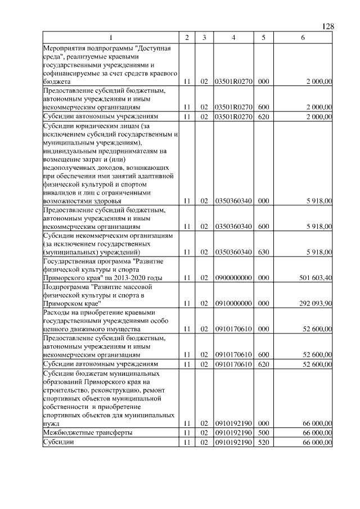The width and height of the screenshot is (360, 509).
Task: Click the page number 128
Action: pos(328,26)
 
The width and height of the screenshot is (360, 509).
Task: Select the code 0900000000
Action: pos(233,278)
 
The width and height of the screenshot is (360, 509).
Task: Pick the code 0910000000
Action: pos(233,303)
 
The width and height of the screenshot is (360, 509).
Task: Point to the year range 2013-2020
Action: pos(129,278)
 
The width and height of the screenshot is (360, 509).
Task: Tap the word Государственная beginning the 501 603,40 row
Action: pos(73,261)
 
